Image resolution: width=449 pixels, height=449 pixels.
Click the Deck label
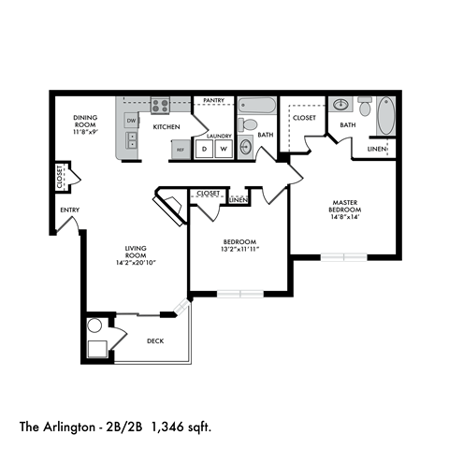coord(155,340)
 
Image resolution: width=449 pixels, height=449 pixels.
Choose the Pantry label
coord(212,99)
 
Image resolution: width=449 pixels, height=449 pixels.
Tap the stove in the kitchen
coord(160,106)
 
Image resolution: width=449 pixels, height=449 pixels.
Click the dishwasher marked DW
coord(132,122)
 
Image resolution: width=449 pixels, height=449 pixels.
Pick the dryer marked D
coord(205,148)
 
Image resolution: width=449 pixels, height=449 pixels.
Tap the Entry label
coord(68,210)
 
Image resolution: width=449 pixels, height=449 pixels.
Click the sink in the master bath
coord(341,105)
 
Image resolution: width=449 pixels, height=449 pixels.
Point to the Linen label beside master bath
coord(376,149)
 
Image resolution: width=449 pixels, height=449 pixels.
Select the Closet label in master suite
coord(304,118)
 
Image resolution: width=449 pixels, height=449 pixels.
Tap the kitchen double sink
coord(132,140)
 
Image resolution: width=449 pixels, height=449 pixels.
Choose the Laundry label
coord(218,135)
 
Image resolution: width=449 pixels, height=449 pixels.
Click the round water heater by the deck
coord(94,326)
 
